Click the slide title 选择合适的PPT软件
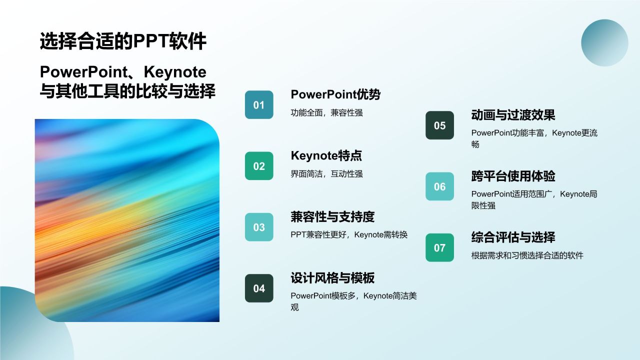[123, 41]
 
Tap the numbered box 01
[259, 105]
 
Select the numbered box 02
[259, 166]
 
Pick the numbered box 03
[259, 227]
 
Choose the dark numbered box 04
[259, 288]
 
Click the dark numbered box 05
[439, 125]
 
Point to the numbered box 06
[439, 186]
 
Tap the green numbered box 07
[439, 247]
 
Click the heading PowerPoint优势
[335, 94]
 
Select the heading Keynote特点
[326, 155]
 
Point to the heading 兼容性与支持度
[332, 217]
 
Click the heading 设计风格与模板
[332, 278]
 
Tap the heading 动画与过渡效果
[513, 115]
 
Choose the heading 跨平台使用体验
[513, 176]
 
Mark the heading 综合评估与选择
[513, 237]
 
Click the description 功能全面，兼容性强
[326, 113]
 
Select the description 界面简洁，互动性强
[326, 174]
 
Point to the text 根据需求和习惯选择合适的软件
[527, 255]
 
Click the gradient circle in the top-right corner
[604, 43]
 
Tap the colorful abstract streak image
[127, 220]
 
